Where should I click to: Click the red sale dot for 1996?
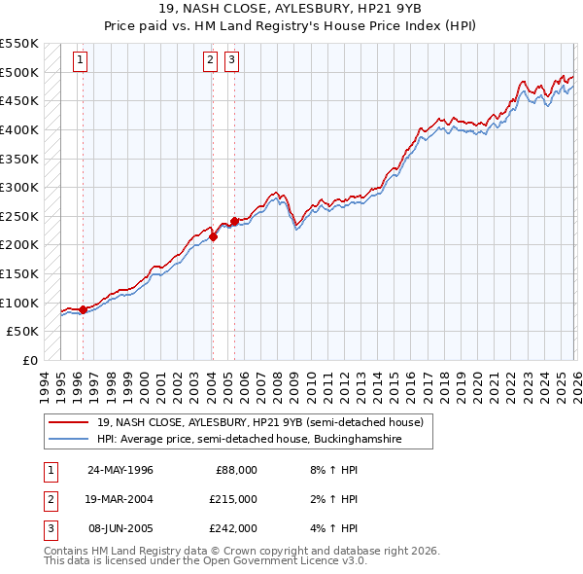coord(83,309)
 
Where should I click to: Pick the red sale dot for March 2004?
coord(213,236)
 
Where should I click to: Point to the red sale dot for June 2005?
coord(233,221)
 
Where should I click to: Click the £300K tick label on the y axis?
coord(19,187)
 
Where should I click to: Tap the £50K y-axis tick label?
coord(23,332)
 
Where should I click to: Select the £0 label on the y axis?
coord(30,360)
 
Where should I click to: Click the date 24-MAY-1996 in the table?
coord(120,470)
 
